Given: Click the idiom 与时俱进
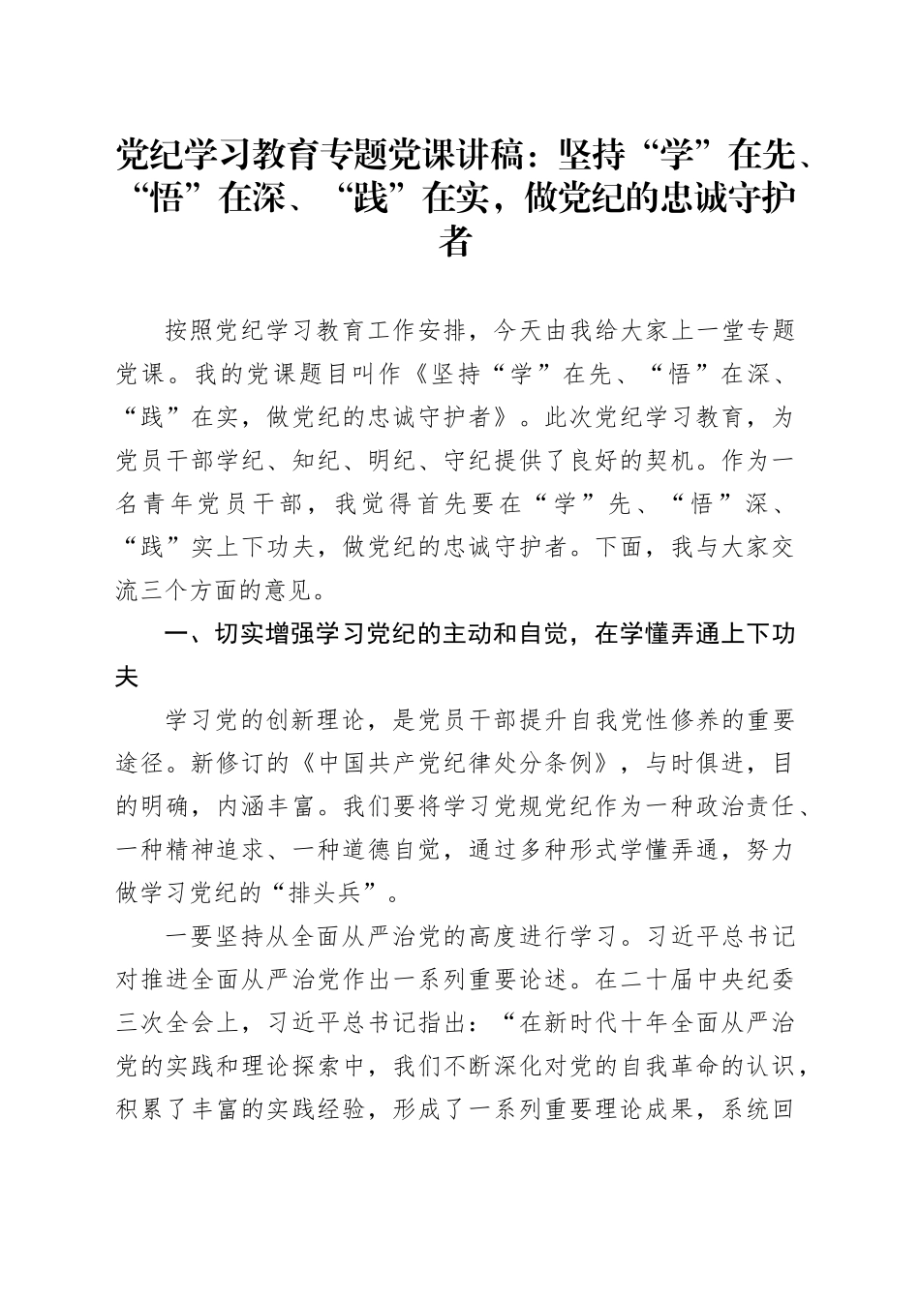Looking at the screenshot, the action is (x=693, y=763).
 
